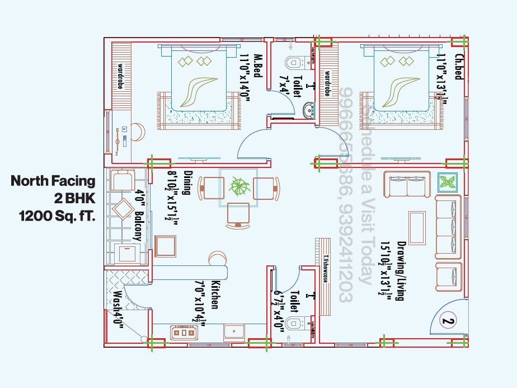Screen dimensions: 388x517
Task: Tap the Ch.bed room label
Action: pyautogui.click(x=458, y=66)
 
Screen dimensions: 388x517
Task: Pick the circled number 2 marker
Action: pyautogui.click(x=447, y=321)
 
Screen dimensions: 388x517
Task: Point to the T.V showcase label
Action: pyautogui.click(x=325, y=269)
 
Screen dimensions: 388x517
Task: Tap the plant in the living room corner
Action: pyautogui.click(x=448, y=182)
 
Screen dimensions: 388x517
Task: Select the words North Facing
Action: pyautogui.click(x=53, y=181)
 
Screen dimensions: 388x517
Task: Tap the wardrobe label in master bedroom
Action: pyautogui.click(x=120, y=76)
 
